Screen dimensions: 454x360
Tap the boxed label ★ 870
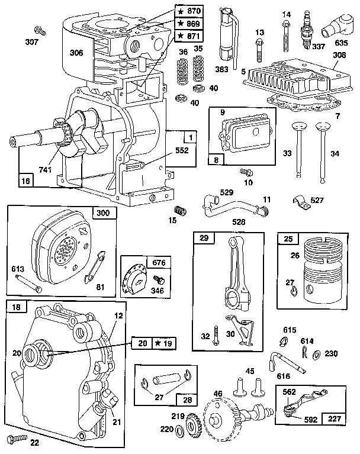point(189,11)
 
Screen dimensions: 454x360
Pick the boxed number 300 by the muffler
point(104,213)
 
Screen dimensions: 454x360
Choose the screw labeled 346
point(158,278)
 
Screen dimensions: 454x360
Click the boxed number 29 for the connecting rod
point(204,239)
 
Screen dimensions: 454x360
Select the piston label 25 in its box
point(288,239)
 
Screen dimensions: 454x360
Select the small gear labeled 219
point(193,424)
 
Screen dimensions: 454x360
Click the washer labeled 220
point(179,428)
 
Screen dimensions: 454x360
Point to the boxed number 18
point(16,308)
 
